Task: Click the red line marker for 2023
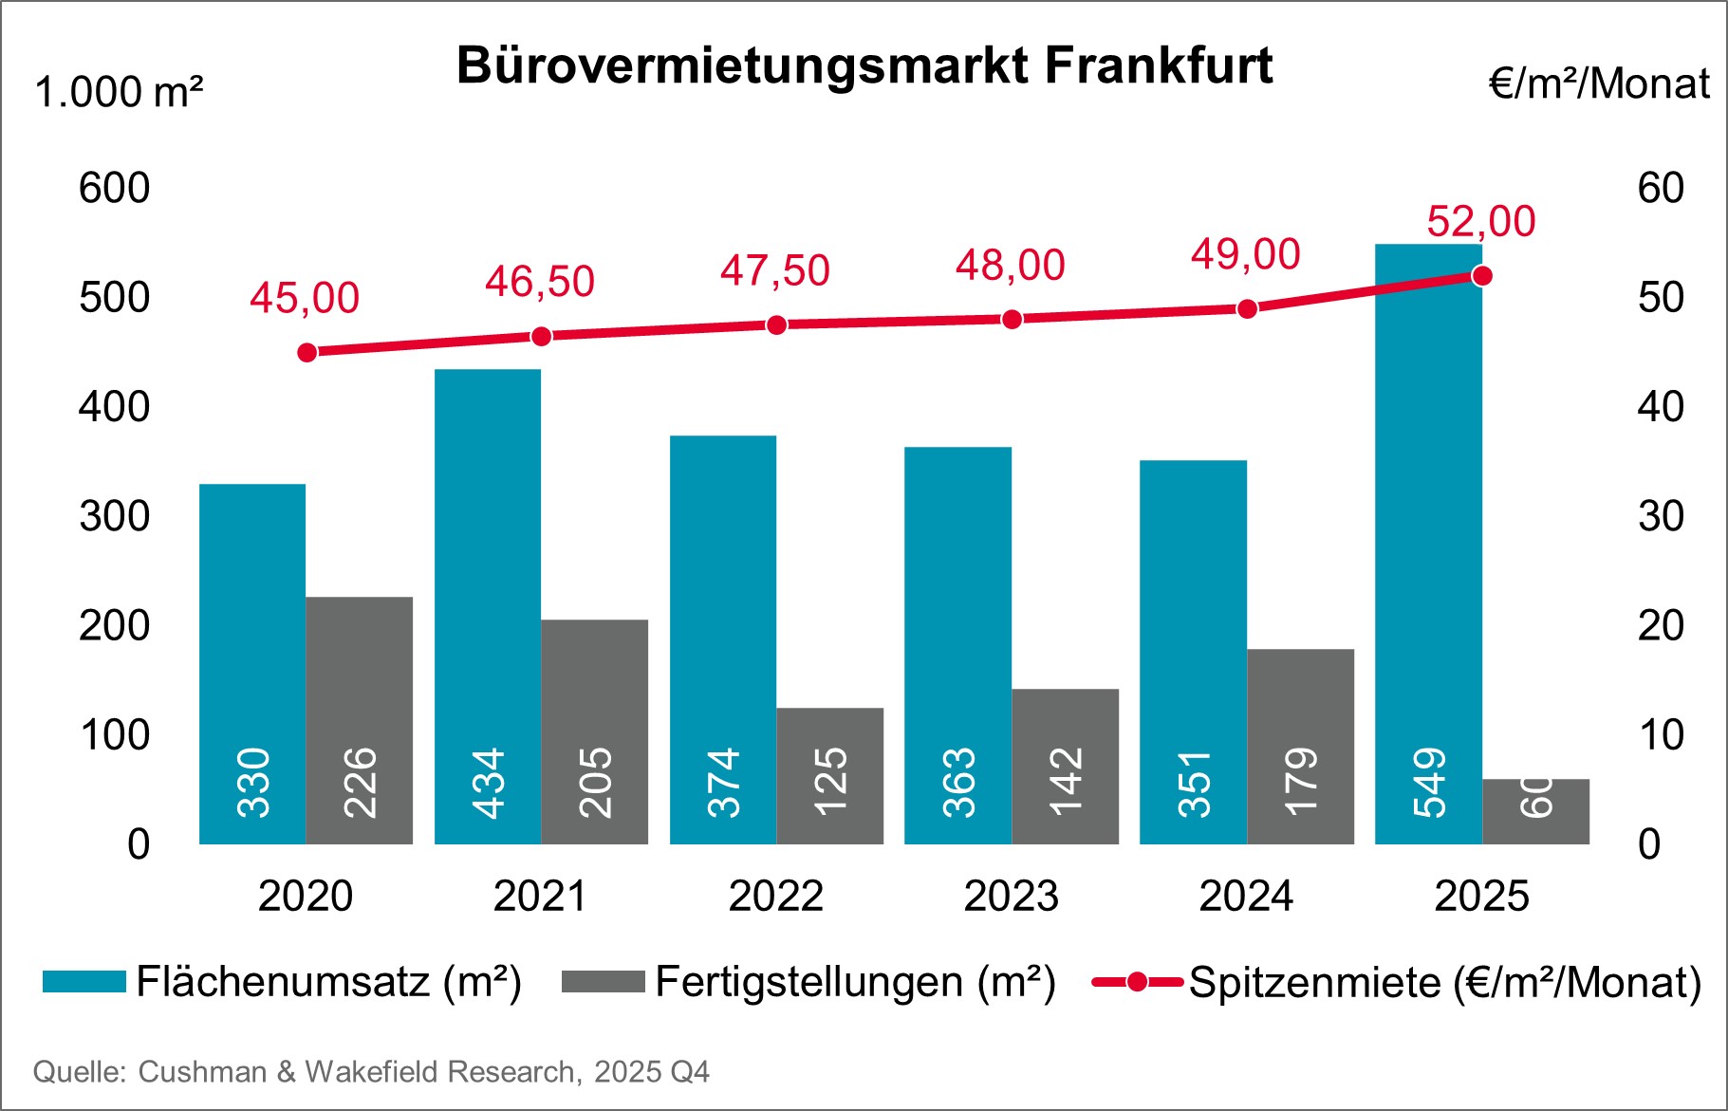[x=1012, y=319]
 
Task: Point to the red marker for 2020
[x=307, y=353]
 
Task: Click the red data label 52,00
[x=1480, y=222]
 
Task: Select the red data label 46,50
[x=539, y=282]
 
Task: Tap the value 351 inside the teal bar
[x=1195, y=784]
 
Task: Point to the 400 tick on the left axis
[x=114, y=407]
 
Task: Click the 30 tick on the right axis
[x=1660, y=516]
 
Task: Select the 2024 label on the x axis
[x=1245, y=896]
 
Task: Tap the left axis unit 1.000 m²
[x=119, y=93]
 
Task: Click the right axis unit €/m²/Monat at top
[x=1599, y=84]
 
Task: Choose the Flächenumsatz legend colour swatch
[x=84, y=982]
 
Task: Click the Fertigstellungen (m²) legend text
[x=855, y=982]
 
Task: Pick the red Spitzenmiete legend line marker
[x=1137, y=982]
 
